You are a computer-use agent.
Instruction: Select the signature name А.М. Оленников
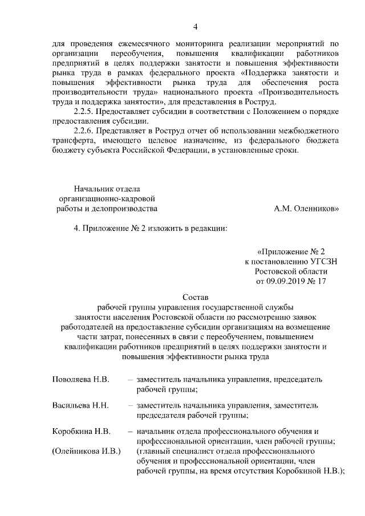[306, 209]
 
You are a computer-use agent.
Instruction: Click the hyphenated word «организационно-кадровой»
[107, 198]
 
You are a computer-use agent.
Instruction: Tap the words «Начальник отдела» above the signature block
[107, 189]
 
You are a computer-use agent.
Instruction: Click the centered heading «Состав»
[196, 298]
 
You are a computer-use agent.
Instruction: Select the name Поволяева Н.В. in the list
[80, 379]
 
